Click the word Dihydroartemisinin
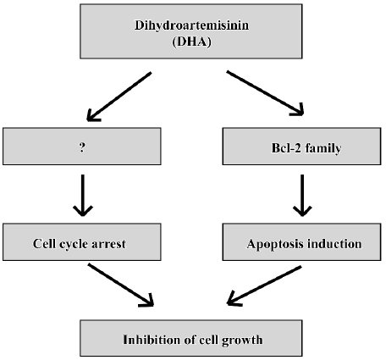191,25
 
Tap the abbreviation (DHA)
192,42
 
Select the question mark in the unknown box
82,147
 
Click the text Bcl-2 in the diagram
286,147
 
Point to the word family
323,148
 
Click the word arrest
108,244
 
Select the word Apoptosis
275,244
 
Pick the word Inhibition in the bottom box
152,340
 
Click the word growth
242,341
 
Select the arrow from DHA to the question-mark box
119,97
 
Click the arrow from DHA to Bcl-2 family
265,93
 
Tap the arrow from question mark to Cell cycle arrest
83,196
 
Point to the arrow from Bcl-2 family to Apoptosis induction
302,196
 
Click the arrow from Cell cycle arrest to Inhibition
120,285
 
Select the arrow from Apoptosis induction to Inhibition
264,285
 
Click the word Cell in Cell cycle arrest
44,244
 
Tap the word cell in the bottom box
208,340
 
